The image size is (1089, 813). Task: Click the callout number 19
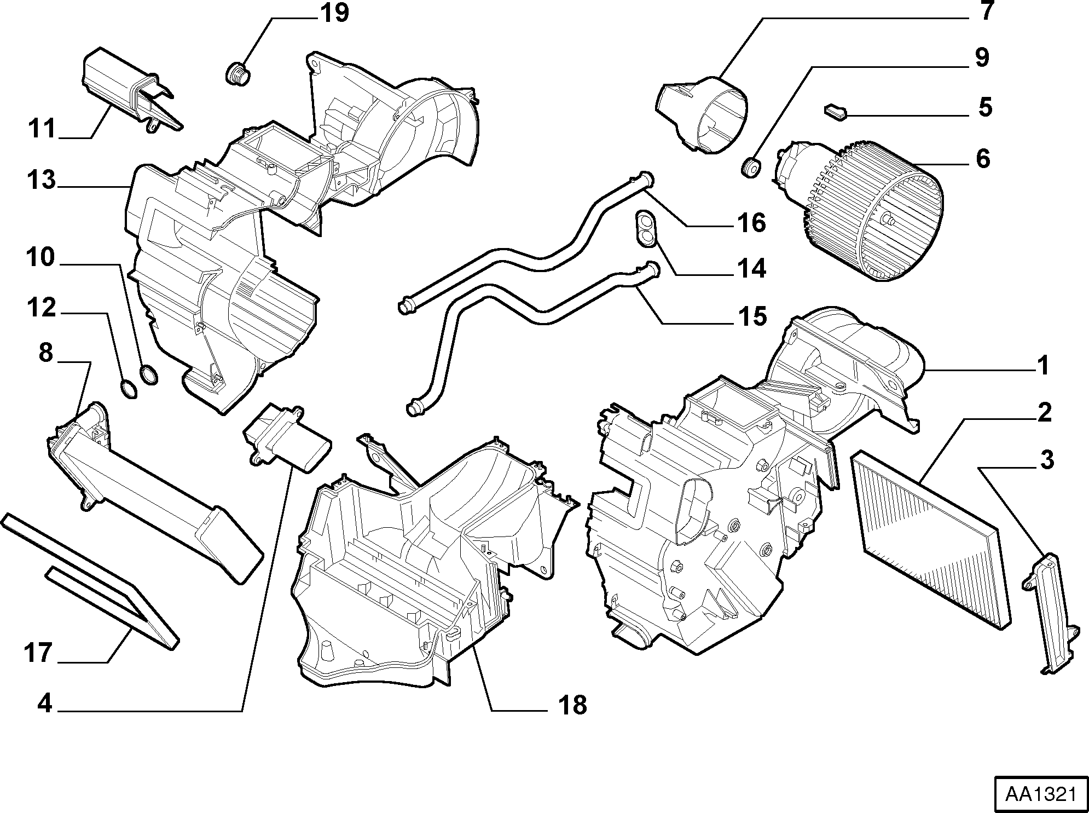coord(334,13)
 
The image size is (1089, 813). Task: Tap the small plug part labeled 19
coord(238,73)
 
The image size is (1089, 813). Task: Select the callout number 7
coord(986,12)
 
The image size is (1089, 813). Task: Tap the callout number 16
coord(751,223)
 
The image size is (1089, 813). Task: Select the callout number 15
coord(752,316)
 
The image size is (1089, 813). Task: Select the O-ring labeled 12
coord(128,389)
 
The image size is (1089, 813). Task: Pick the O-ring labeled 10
coord(148,375)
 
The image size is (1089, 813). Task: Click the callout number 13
coord(42,180)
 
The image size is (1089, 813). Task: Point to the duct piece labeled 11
coord(131,90)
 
